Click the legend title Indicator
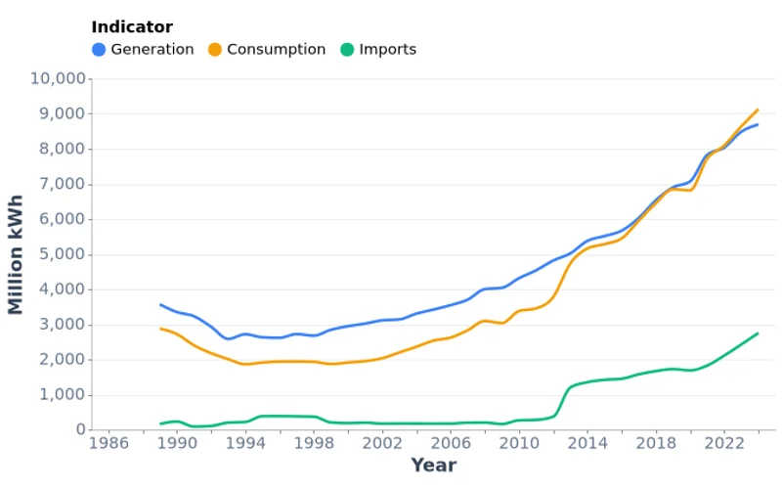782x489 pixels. [132, 27]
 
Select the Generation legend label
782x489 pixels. [152, 50]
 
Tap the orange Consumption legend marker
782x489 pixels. [215, 50]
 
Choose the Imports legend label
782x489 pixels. [387, 50]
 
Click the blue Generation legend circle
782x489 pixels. [99, 50]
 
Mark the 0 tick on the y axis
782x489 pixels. [77, 430]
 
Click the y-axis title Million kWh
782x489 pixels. [16, 254]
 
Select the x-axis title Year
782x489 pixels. [433, 466]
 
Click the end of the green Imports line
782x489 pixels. [758, 333]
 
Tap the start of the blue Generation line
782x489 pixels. [160, 305]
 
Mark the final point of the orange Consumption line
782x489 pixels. [758, 110]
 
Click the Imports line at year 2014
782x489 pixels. [586, 382]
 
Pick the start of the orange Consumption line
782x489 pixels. [160, 329]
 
